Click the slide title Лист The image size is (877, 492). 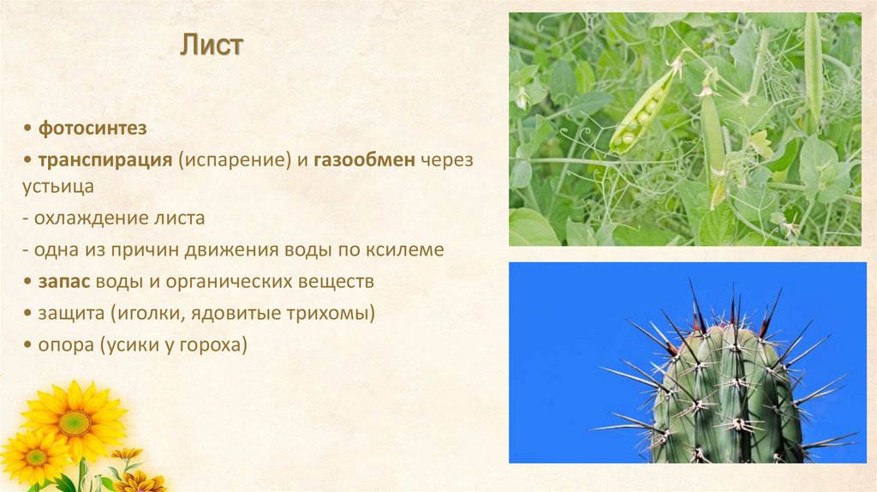pyautogui.click(x=211, y=46)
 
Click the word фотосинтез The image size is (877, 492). pyautogui.click(x=92, y=129)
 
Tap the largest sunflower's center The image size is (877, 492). pyautogui.click(x=75, y=422)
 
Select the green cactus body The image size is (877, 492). pyautogui.click(x=728, y=403)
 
